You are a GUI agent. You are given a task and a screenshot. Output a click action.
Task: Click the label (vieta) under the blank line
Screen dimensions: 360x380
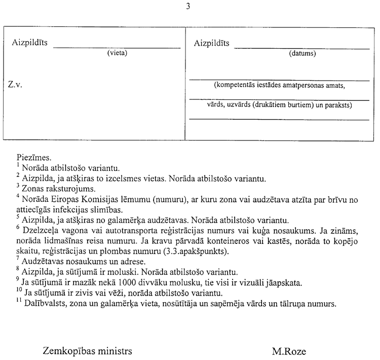(x=117, y=53)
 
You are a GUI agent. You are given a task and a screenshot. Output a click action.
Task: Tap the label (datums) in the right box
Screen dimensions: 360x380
(x=302, y=53)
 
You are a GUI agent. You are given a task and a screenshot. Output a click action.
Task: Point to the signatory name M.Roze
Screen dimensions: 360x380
(x=289, y=350)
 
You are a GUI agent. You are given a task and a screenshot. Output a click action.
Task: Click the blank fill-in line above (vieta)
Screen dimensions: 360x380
(x=117, y=47)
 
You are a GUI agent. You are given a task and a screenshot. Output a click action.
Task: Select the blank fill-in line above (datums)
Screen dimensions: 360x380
(x=302, y=48)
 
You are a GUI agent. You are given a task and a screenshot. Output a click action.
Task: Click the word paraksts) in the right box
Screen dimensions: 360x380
(x=337, y=105)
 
